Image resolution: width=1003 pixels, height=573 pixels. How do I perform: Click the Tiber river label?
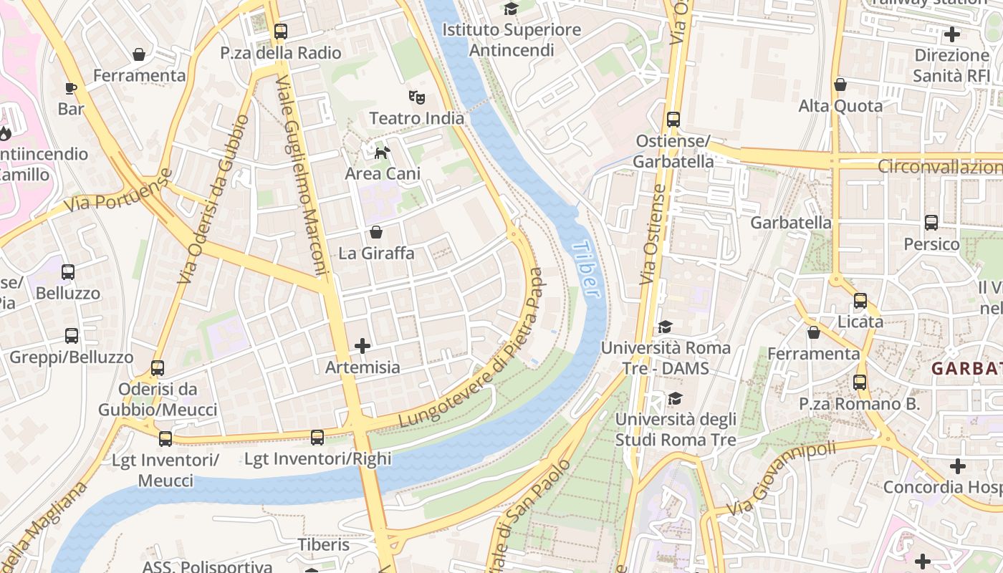(586, 269)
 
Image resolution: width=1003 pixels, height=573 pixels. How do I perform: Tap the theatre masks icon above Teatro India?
(417, 96)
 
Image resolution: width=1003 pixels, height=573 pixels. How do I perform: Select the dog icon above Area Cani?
(383, 152)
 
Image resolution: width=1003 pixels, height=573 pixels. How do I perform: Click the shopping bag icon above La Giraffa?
(376, 232)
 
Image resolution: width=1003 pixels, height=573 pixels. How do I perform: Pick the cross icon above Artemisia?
(363, 346)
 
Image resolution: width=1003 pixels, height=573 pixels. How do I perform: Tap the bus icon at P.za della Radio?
(280, 32)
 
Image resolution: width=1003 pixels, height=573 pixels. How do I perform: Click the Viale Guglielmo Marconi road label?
(302, 175)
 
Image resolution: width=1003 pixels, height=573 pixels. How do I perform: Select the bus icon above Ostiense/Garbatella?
(673, 119)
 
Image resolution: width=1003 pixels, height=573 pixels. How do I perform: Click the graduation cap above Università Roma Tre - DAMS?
(665, 327)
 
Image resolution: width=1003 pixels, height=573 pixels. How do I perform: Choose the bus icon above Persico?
(931, 223)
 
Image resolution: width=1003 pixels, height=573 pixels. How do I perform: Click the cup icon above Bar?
(70, 88)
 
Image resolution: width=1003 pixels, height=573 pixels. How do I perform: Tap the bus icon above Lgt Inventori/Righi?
(317, 437)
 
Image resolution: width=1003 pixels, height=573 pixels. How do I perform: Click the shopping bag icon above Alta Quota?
(840, 85)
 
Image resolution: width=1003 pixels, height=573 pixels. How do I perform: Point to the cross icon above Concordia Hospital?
(957, 466)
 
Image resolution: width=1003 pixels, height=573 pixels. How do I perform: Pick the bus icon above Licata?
(860, 301)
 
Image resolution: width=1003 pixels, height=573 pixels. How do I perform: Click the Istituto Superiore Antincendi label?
(511, 40)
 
